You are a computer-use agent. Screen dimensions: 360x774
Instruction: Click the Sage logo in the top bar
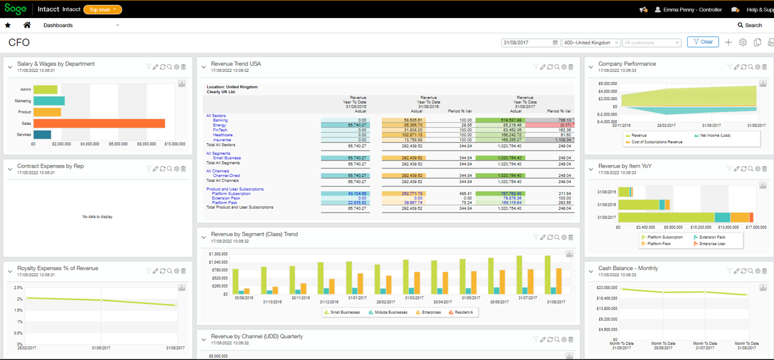(16, 9)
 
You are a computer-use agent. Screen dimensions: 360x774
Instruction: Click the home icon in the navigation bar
(27, 26)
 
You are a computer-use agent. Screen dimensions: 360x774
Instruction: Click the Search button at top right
(750, 26)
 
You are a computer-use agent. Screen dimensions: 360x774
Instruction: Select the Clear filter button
(703, 42)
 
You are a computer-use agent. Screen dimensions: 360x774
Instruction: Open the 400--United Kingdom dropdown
(591, 42)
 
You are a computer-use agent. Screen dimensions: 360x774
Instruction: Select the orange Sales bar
(99, 124)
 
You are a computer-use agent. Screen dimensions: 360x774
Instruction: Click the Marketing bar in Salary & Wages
(49, 101)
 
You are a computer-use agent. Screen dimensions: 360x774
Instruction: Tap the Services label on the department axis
(24, 135)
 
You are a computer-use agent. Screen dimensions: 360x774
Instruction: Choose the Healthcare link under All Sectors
(223, 135)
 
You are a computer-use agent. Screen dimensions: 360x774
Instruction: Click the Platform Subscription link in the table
(231, 194)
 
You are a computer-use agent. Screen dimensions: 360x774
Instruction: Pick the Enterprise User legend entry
(711, 244)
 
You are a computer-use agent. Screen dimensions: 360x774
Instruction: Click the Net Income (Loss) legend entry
(715, 136)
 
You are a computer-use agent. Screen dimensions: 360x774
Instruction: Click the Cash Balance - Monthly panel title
(628, 268)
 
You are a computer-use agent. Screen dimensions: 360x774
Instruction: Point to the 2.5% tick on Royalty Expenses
(18, 288)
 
